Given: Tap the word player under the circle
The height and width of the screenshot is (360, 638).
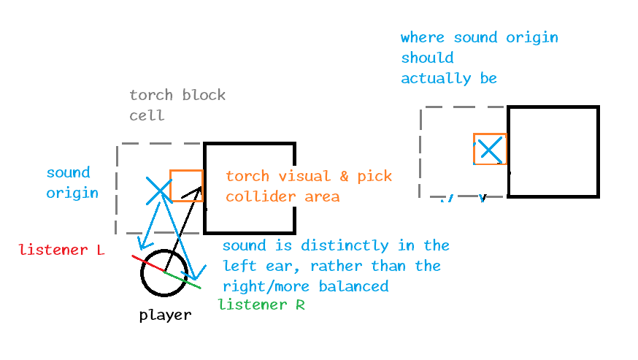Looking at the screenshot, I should tap(165, 315).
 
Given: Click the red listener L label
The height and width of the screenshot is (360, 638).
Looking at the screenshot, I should tap(62, 250).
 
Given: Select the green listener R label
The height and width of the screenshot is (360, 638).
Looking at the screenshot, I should tap(261, 305).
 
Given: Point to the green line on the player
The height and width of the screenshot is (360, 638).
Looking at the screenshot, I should tap(183, 280).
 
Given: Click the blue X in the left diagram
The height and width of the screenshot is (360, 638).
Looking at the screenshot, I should tap(158, 191).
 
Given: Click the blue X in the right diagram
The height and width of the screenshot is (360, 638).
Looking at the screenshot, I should tap(490, 150).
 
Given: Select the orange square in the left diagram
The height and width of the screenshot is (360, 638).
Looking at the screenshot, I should tap(186, 186).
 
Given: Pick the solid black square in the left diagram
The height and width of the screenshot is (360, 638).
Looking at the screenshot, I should tap(250, 187).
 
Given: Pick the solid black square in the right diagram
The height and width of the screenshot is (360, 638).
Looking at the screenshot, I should tap(553, 152).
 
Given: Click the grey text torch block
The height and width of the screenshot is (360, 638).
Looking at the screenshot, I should tap(177, 95).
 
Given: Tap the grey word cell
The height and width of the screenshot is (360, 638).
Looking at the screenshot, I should tap(147, 115).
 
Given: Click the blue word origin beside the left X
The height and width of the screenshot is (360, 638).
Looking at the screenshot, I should tap(72, 194).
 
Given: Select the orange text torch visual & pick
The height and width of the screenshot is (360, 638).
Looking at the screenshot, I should tap(308, 177).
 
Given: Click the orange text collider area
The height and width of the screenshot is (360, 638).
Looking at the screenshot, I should tap(283, 196).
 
